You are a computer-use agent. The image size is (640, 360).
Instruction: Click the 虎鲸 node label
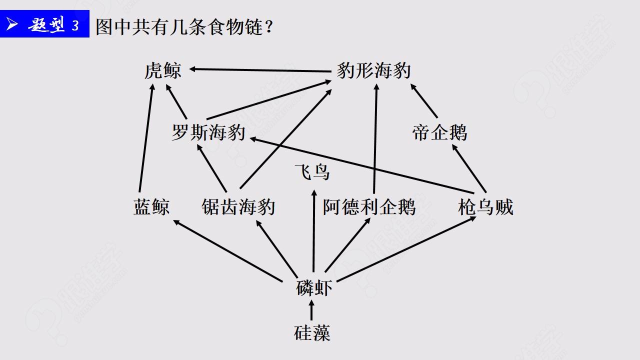tap(162, 71)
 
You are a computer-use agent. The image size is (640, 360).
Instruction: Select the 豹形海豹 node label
tap(373, 71)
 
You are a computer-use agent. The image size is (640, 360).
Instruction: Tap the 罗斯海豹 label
tap(208, 133)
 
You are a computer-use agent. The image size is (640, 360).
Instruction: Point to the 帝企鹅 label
tap(439, 133)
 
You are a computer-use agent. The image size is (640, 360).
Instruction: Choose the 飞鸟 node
tap(312, 173)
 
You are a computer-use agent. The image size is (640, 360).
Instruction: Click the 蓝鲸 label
tap(151, 206)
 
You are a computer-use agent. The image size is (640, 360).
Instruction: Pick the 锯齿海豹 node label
tap(238, 206)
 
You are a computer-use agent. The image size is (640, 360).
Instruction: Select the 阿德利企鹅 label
tap(369, 206)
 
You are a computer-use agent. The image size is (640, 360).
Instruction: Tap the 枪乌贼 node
tap(485, 206)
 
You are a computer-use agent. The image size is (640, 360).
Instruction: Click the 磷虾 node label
tap(314, 288)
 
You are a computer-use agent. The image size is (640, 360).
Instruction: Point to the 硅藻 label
tap(312, 332)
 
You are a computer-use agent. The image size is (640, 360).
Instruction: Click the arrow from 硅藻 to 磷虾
tap(312, 310)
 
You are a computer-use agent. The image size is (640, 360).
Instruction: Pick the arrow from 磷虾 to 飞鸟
tap(313, 230)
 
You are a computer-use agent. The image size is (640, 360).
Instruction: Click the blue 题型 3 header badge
tap(45, 24)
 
